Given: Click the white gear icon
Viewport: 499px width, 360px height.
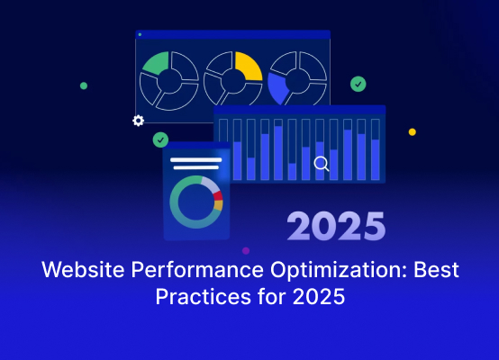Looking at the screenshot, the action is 139,121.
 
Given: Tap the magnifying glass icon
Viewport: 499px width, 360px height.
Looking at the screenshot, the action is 322,164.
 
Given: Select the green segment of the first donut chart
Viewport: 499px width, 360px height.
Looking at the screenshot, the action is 157,63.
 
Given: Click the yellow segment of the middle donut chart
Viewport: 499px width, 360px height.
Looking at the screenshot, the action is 249,65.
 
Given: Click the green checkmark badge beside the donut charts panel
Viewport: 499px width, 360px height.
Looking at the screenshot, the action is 358,85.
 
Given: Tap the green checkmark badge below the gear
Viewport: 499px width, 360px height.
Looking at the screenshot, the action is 160,139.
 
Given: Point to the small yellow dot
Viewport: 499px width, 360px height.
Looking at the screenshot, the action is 413,132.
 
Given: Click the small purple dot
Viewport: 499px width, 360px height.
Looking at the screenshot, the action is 246,250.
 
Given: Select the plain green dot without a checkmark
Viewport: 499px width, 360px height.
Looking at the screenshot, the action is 84,85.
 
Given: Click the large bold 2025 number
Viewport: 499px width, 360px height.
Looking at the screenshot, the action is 336,227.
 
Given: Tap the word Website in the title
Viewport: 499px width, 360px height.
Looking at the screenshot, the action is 83,270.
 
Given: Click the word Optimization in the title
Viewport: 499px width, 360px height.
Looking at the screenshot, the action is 339,270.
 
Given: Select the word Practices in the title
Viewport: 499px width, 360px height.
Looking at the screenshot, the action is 204,296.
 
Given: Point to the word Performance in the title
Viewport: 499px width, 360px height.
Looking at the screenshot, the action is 197,270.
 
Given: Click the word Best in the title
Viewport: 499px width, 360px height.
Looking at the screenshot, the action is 436,270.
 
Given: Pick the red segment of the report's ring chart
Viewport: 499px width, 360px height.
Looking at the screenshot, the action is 218,195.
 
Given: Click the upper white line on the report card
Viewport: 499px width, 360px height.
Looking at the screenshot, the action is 196,159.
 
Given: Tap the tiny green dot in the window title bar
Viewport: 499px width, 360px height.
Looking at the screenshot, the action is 140,34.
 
